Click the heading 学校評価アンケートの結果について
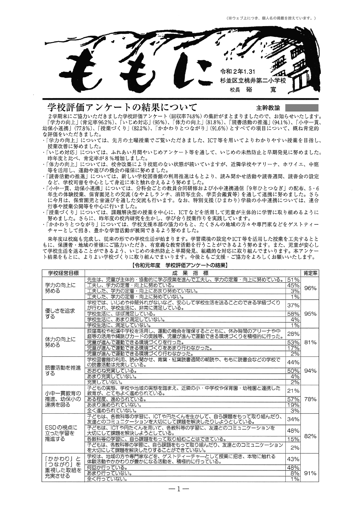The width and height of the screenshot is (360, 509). point(122,107)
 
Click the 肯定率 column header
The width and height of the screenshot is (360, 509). point(310,273)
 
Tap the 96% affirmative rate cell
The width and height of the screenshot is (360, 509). point(310,288)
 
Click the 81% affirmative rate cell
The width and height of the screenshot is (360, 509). point(310,342)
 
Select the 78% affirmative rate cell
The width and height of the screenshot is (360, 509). point(310,399)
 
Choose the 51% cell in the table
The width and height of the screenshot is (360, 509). point(293,280)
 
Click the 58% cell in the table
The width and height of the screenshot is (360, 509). point(293,314)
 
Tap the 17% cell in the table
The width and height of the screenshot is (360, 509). point(293,348)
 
